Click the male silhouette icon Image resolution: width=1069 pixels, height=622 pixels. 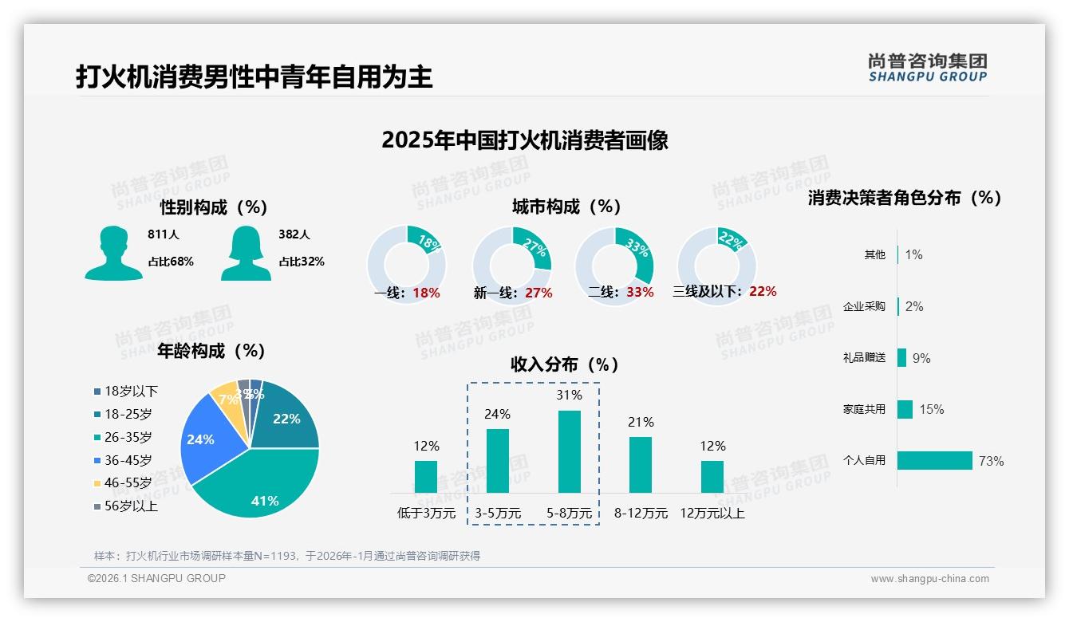point(113,253)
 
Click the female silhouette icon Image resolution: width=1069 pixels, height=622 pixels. point(246,253)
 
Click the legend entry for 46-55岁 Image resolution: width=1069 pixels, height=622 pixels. point(128,483)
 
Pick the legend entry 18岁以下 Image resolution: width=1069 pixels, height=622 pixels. point(131,392)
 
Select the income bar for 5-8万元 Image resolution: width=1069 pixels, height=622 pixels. point(570,451)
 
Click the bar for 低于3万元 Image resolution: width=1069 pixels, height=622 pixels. point(426,476)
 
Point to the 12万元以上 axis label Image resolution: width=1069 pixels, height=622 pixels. point(712,514)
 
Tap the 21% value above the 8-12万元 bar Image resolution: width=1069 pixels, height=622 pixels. point(641,422)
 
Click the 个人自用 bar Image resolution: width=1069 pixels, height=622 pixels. point(934,461)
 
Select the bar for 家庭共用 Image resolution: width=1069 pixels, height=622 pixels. point(905,409)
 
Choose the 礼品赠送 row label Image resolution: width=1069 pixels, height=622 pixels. point(864,358)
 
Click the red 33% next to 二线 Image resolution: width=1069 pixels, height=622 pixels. point(640,292)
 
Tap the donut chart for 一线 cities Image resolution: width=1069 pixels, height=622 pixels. point(406,255)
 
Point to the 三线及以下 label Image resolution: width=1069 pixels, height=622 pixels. point(706,292)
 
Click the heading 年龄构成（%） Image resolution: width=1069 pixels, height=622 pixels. point(211,351)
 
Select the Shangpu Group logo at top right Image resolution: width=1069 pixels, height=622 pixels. point(927,67)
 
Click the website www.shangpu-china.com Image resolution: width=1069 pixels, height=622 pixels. point(929,579)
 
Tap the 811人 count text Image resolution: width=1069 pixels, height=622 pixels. point(164,234)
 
